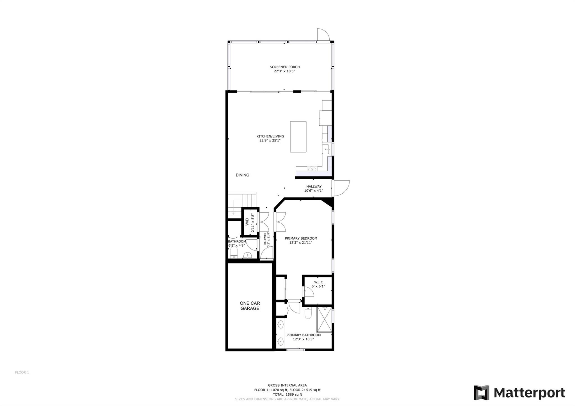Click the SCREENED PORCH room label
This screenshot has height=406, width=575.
coord(285,69)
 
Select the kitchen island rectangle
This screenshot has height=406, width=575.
coord(298,137)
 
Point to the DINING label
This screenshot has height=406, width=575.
coord(243,175)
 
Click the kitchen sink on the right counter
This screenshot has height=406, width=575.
coord(325,149)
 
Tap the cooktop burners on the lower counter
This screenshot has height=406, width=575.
coord(312,169)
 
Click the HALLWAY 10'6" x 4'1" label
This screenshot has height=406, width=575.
coord(314,189)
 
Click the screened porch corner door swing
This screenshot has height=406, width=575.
coord(323,35)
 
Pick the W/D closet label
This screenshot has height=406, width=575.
coord(247,222)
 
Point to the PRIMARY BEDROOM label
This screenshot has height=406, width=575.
coord(301,240)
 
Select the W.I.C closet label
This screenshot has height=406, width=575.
coord(318,284)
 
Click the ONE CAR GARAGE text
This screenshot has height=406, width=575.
coord(250,306)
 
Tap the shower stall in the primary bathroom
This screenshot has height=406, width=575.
coord(324,320)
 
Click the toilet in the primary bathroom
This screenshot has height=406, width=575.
coord(308,313)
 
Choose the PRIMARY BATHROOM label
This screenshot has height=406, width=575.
coord(304,337)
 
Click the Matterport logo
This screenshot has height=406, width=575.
coord(519,393)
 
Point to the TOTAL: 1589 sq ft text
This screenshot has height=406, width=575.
coord(287,394)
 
